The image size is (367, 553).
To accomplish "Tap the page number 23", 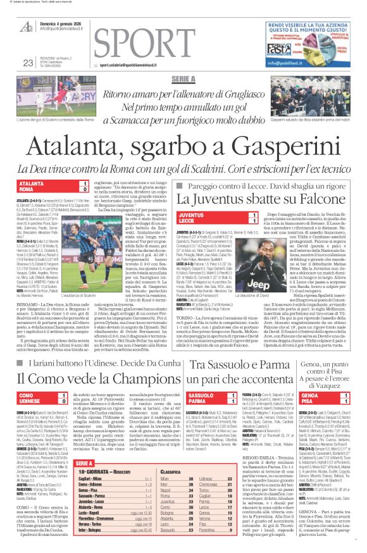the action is click(x=28, y=62).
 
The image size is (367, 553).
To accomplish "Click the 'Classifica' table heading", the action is click(x=171, y=472).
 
